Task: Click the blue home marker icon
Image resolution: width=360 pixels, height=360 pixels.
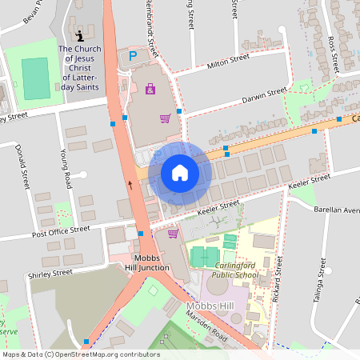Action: point(179,173)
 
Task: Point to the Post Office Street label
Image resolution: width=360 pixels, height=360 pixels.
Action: point(60,230)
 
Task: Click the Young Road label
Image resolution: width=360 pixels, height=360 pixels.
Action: point(66,164)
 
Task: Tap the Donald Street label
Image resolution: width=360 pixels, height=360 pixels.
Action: point(22,166)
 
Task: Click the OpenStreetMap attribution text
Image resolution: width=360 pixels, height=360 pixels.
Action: point(80,354)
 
